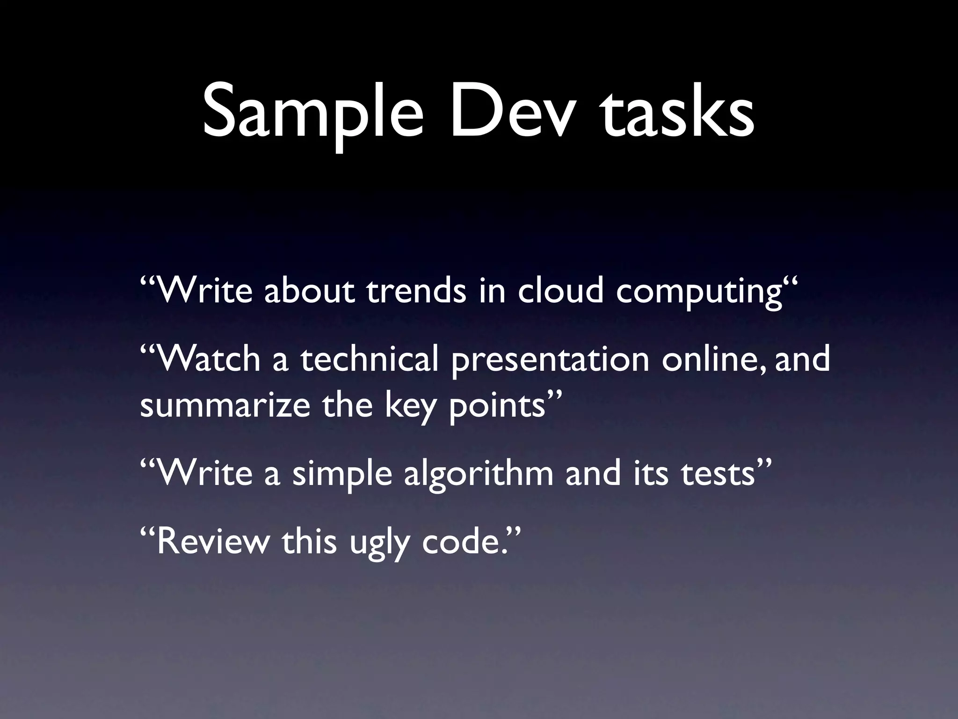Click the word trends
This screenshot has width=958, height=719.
[416, 291]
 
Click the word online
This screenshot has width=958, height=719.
[714, 359]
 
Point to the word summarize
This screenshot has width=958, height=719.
[225, 405]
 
